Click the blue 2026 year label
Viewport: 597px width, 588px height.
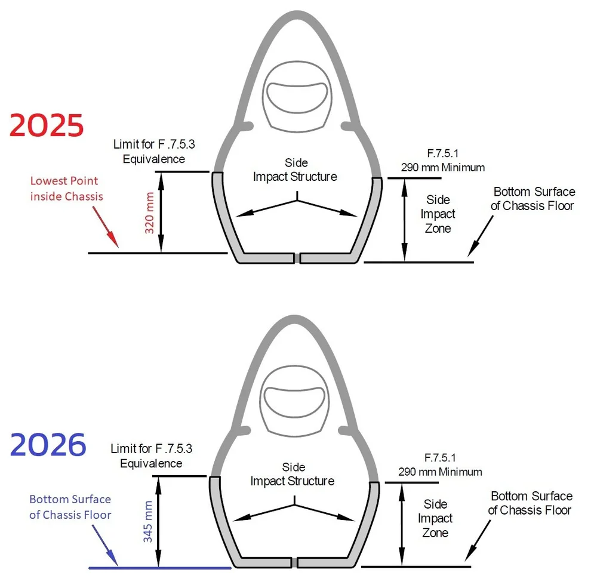click(48, 445)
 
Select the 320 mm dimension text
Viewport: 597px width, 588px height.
click(150, 213)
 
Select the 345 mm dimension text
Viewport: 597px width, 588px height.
click(148, 522)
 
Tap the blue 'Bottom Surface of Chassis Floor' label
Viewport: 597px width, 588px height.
click(70, 507)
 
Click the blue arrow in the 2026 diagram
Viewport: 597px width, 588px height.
click(105, 547)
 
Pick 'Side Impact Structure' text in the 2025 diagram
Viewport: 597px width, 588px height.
click(296, 170)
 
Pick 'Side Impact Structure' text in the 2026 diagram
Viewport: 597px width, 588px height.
click(293, 475)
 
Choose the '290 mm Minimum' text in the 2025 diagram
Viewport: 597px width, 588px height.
click(442, 168)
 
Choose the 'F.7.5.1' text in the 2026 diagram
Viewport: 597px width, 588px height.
click(440, 458)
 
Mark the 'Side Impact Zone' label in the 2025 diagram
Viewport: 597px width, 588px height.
click(438, 214)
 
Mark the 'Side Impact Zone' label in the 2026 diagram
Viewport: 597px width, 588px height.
click(435, 518)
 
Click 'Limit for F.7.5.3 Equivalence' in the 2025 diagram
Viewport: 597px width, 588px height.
click(149, 152)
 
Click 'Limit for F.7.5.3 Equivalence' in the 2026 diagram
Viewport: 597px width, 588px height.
click(151, 455)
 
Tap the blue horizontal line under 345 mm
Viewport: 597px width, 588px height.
click(159, 568)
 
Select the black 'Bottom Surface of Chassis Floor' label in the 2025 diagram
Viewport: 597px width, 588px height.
click(534, 199)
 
